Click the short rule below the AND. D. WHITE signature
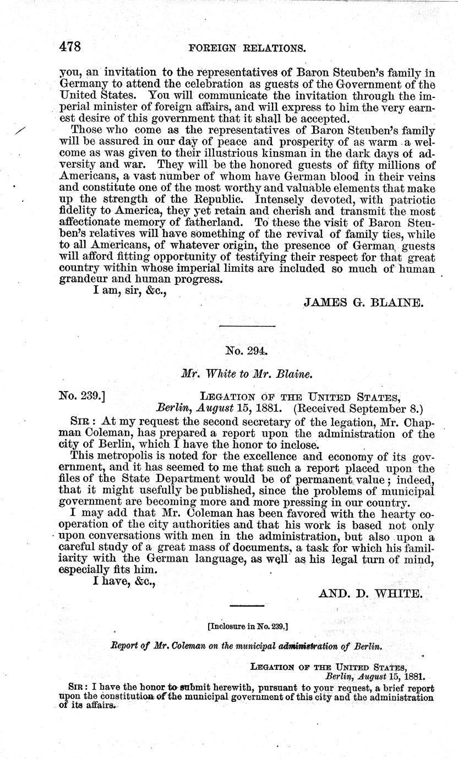pyautogui.click(x=247, y=606)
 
